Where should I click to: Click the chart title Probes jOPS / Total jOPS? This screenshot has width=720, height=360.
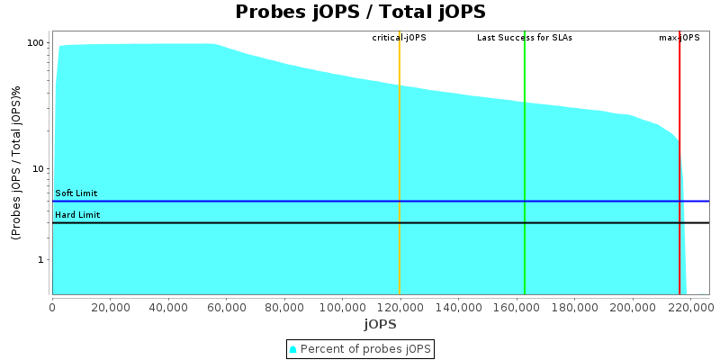[360, 12]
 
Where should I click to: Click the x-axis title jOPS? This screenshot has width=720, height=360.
[380, 324]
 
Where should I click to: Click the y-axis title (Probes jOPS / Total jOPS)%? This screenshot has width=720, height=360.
[16, 163]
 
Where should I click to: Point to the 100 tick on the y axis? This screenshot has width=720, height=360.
[36, 43]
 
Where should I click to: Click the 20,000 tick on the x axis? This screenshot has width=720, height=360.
[110, 306]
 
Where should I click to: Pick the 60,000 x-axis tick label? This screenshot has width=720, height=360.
[226, 306]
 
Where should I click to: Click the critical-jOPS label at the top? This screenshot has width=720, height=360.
[399, 38]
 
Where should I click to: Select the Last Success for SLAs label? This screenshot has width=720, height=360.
[524, 38]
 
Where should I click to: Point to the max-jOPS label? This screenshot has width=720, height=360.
[679, 38]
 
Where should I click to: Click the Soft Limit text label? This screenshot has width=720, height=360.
[76, 193]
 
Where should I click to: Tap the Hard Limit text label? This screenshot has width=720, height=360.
[76, 215]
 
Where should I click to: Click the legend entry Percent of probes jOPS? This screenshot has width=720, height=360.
[360, 348]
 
